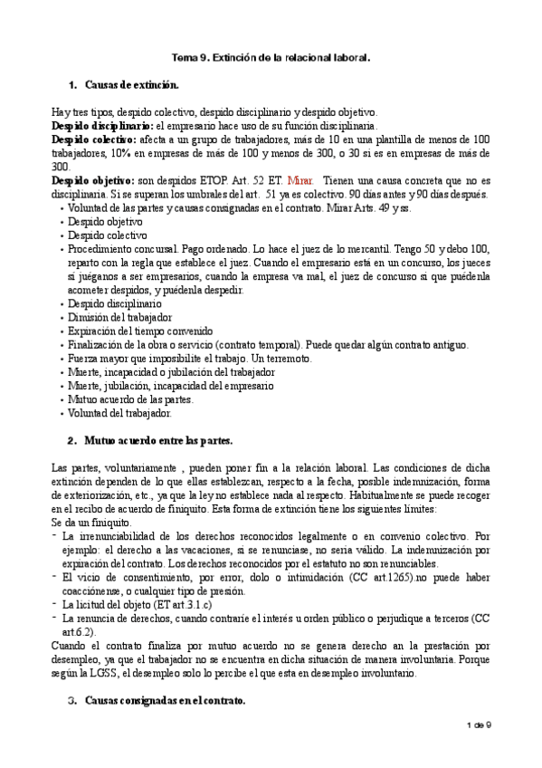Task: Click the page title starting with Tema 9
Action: (271, 57)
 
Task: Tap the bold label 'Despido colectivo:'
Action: (95, 139)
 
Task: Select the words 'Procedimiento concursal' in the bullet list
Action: (119, 249)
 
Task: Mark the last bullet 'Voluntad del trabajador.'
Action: (119, 413)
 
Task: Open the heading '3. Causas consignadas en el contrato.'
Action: (163, 700)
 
